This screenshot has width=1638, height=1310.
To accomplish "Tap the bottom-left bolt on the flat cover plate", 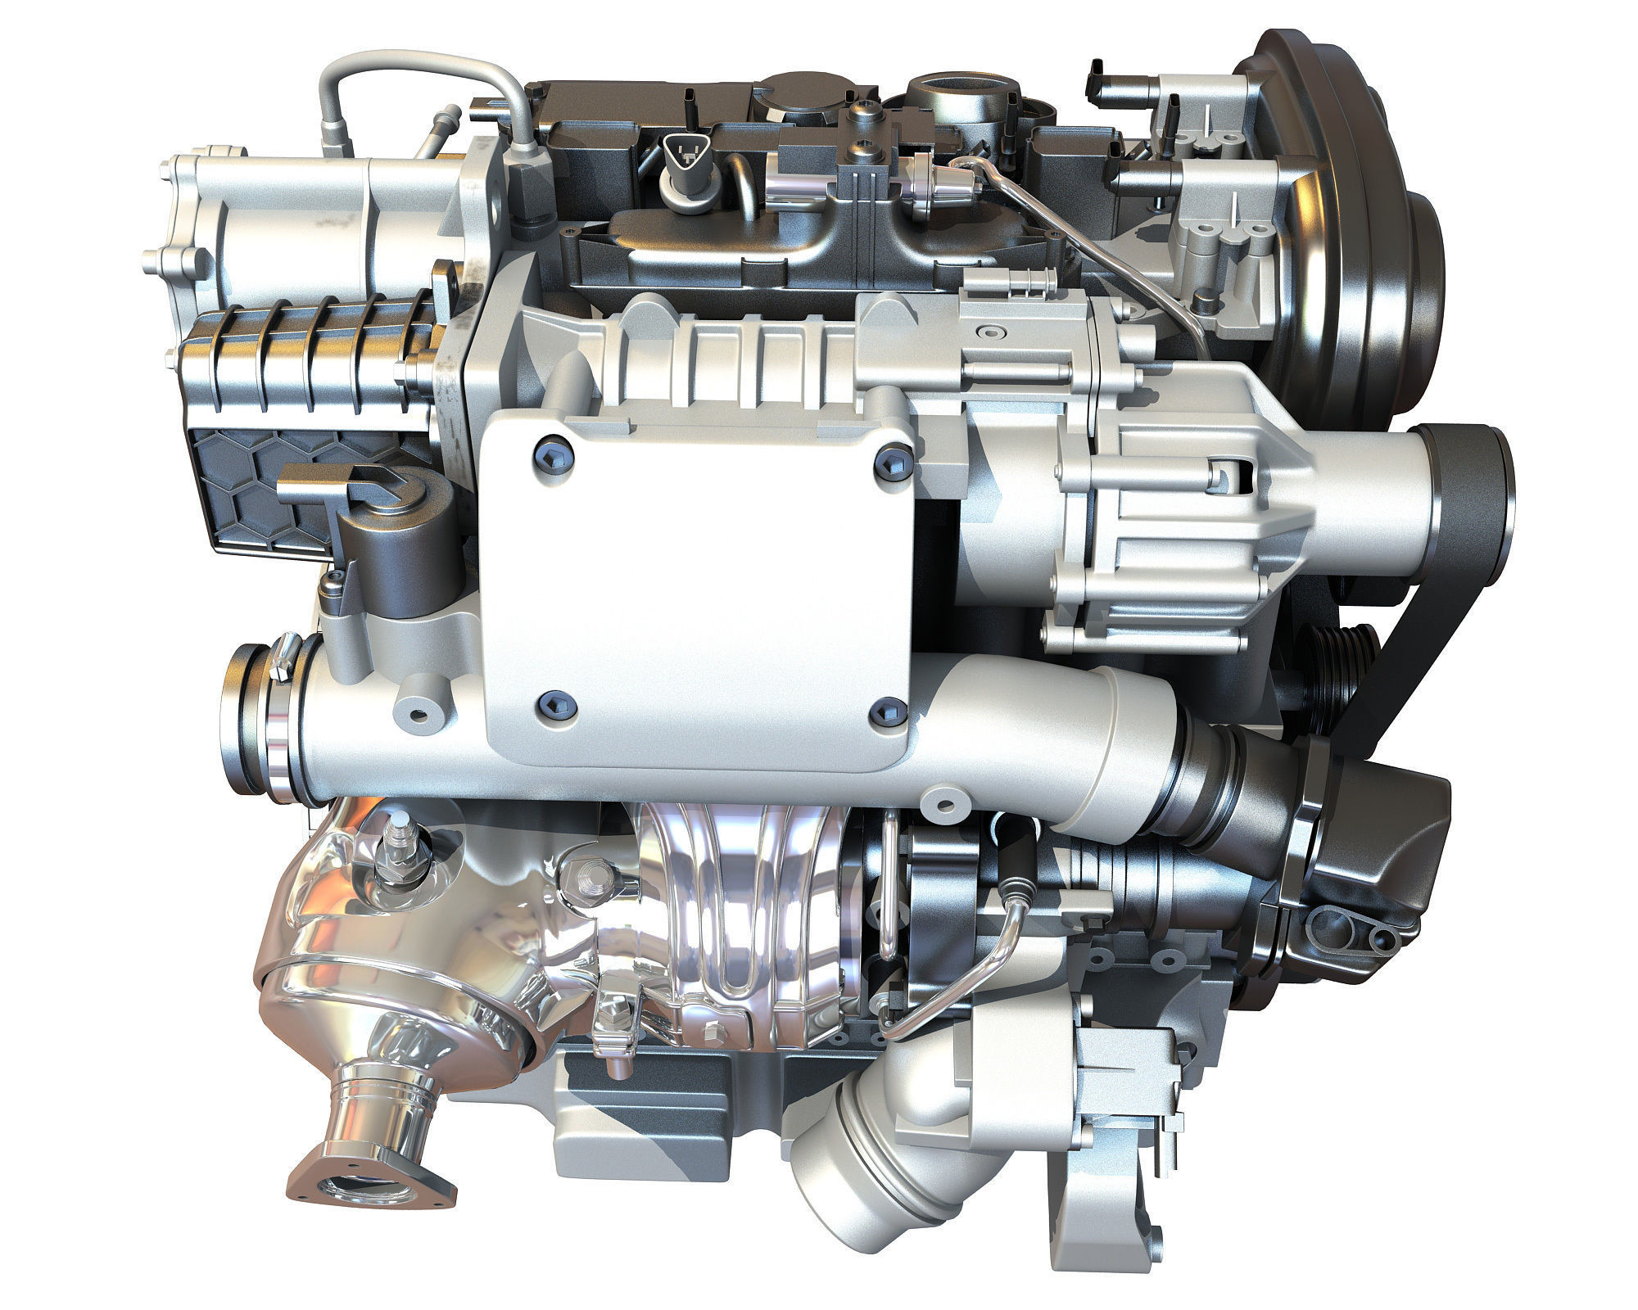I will tap(546, 703).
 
